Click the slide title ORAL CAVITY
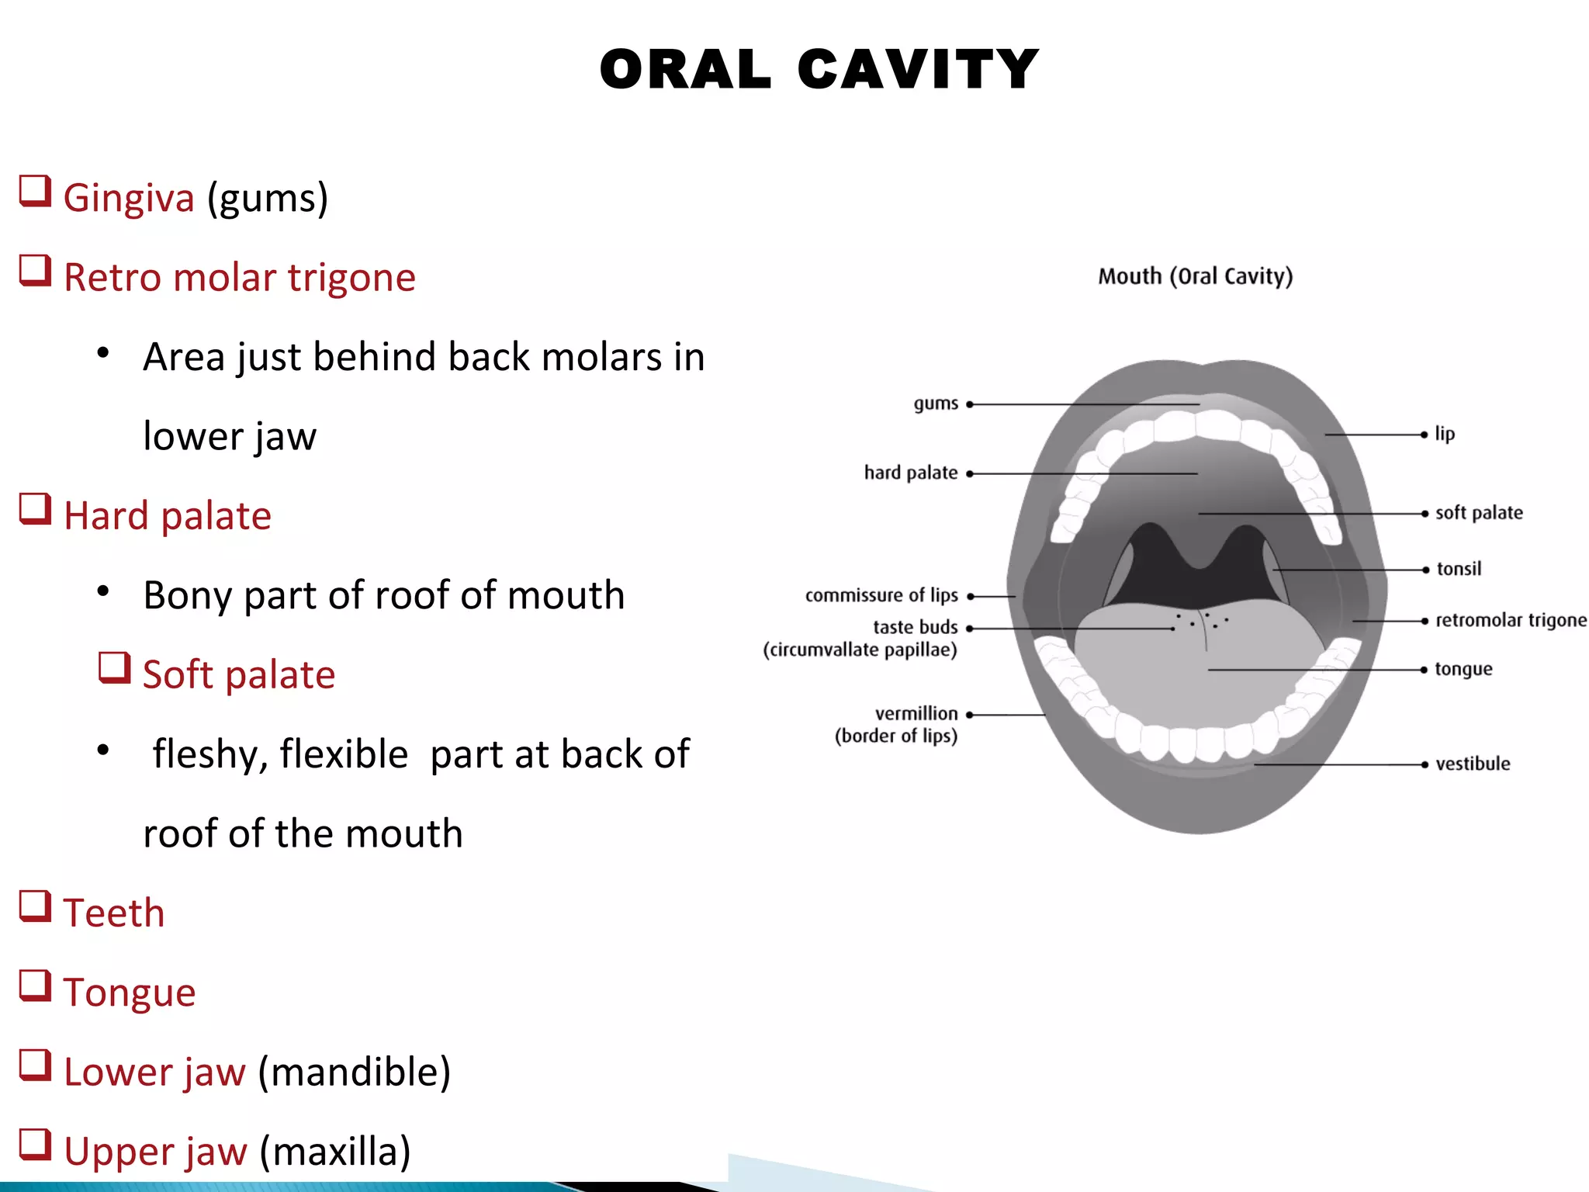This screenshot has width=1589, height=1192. click(x=819, y=70)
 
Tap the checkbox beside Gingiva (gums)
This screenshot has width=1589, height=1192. click(x=35, y=191)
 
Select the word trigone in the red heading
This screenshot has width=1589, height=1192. click(x=351, y=277)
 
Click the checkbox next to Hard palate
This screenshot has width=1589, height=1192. click(x=35, y=509)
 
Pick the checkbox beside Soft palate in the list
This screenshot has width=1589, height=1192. click(x=115, y=667)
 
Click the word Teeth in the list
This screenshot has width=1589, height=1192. click(x=114, y=913)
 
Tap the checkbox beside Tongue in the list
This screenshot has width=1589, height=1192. click(x=35, y=986)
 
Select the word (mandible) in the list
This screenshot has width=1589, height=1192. click(x=354, y=1072)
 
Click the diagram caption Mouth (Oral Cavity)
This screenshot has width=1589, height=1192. click(x=1195, y=276)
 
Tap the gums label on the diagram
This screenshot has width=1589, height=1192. click(x=936, y=404)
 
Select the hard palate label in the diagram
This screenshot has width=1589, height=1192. click(x=911, y=473)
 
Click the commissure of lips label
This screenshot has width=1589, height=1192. click(x=881, y=595)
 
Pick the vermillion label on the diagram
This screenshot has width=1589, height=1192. click(x=916, y=713)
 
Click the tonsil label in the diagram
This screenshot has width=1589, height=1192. click(x=1459, y=569)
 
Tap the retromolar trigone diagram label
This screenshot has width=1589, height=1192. click(x=1511, y=620)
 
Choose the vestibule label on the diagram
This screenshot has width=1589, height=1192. click(x=1473, y=764)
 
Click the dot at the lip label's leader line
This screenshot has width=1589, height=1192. click(x=1424, y=435)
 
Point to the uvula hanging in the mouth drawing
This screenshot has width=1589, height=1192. click(x=1200, y=557)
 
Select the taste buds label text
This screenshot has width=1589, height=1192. click(x=915, y=627)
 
